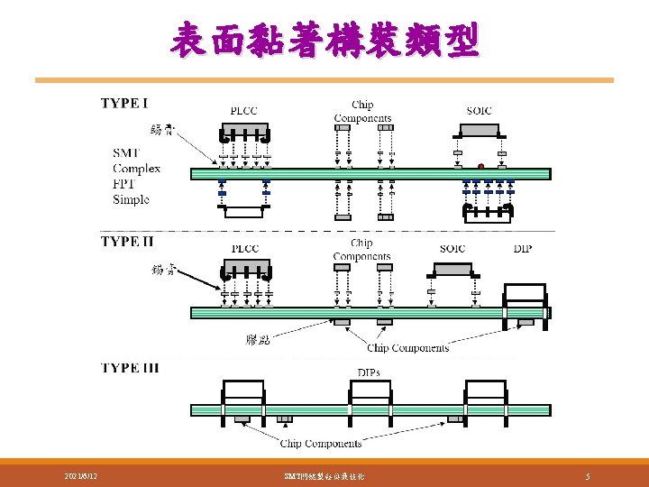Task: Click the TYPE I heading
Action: click(x=125, y=103)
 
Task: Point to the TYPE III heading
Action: click(x=132, y=368)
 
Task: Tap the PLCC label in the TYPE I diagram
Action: click(x=243, y=111)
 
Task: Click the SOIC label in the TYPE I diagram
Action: click(x=480, y=111)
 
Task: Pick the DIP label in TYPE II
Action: click(x=523, y=249)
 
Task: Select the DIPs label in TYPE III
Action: click(x=369, y=372)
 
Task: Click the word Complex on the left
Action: click(x=137, y=169)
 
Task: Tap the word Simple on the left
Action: click(x=132, y=199)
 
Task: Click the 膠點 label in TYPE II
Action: click(x=258, y=339)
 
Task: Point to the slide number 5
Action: click(x=588, y=475)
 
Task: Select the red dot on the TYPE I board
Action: click(x=481, y=166)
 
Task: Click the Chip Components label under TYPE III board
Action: click(x=321, y=443)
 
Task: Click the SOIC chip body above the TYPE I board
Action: click(x=480, y=130)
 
